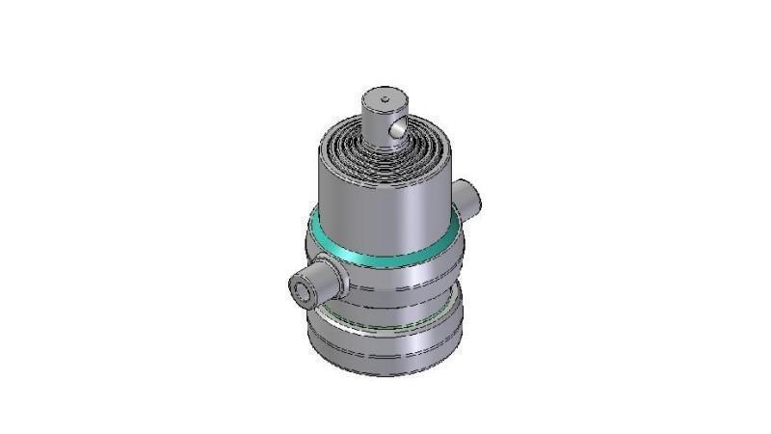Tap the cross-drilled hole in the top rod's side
pos(393,128)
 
